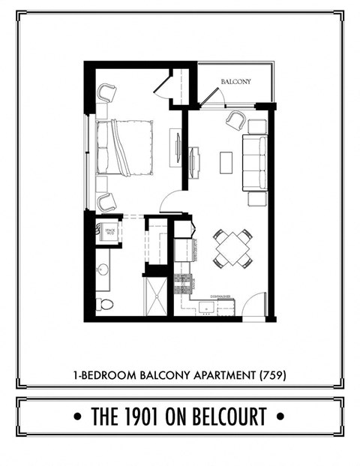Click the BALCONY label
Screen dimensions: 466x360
coord(235,81)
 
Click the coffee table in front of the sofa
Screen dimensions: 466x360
coord(226,163)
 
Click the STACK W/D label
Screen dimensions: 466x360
coord(109,232)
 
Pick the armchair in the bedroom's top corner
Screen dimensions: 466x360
coord(106,93)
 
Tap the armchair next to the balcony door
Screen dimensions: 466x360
coord(235,119)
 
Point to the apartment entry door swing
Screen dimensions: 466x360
coord(256,304)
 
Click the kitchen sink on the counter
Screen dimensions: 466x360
coord(203,306)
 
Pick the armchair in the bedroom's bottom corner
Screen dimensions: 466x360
coord(106,200)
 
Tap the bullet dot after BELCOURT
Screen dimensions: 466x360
coord(280,415)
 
